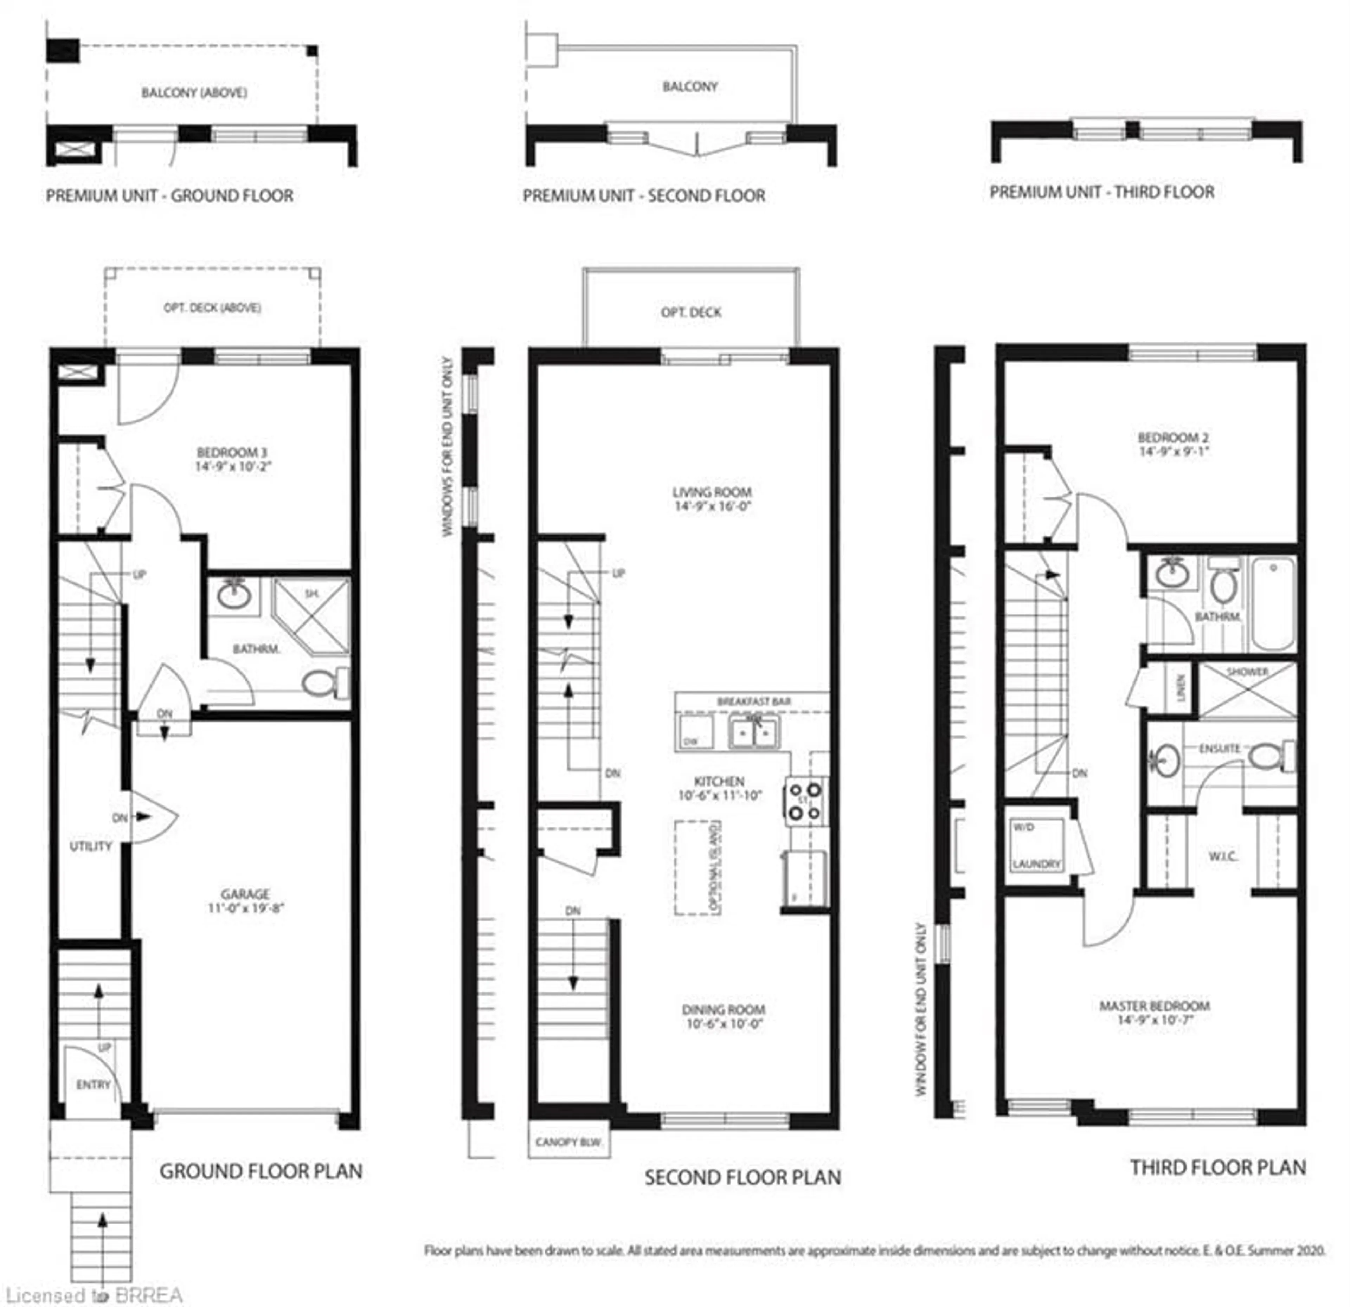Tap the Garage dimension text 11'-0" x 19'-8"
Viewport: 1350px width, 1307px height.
point(246,908)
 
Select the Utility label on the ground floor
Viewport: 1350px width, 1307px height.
point(90,846)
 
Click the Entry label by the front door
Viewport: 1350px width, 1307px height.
point(93,1085)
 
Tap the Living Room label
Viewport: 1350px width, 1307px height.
point(712,492)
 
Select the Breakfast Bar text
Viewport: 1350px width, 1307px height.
point(753,701)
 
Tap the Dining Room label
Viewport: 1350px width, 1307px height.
point(723,1010)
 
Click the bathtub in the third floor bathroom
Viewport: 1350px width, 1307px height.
point(1273,604)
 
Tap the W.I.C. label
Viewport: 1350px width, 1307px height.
point(1223,857)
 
